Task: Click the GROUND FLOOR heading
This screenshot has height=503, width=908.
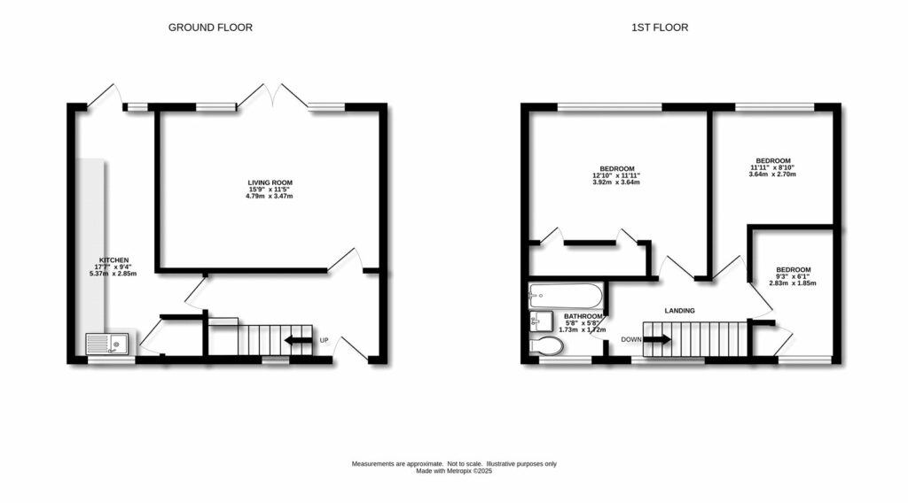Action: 210,27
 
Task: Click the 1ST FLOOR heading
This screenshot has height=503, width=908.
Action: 659,27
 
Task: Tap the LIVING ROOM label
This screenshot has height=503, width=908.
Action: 270,182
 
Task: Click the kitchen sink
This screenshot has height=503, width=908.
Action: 107,342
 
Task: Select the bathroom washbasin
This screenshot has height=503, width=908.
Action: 541,320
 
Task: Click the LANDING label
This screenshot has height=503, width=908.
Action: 680,310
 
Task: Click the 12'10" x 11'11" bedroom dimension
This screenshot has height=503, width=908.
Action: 616,175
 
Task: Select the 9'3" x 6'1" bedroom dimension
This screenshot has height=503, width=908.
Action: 793,277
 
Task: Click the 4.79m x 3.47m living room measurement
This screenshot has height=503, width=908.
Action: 270,196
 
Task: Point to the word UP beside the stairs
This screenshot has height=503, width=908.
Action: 324,340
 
